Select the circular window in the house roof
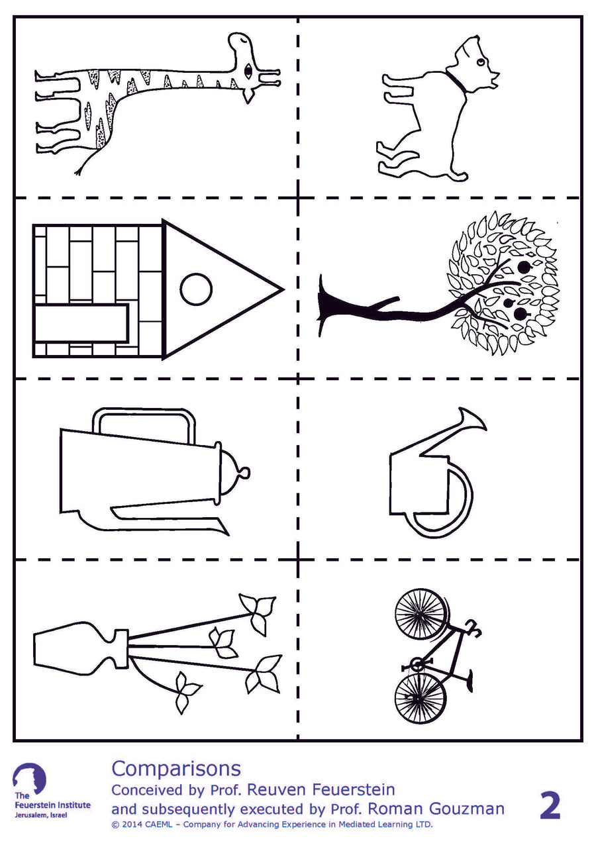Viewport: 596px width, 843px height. coord(197,289)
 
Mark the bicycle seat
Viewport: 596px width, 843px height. coord(469,678)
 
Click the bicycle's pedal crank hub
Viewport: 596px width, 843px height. coord(416,664)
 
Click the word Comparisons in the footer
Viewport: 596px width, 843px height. coord(175,768)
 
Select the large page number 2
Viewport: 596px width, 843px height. coord(550,805)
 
